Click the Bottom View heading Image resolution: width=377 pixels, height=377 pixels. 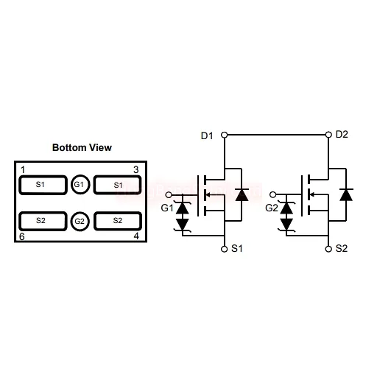pyautogui.click(x=82, y=147)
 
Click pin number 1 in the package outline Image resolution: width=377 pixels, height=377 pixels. pyautogui.click(x=23, y=169)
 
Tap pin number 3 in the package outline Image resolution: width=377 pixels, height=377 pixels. pyautogui.click(x=136, y=169)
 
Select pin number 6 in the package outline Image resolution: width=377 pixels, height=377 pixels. pyautogui.click(x=22, y=236)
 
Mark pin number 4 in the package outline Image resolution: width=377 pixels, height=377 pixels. pyautogui.click(x=136, y=236)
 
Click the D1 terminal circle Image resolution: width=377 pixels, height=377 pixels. pyautogui.click(x=225, y=135)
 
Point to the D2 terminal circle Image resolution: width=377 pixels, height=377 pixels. pyautogui.click(x=328, y=135)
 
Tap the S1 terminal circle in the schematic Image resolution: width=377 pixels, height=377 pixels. pyautogui.click(x=225, y=249)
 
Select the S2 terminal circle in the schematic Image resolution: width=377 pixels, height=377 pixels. pyautogui.click(x=328, y=249)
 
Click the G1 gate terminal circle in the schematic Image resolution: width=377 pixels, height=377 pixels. pyautogui.click(x=169, y=195)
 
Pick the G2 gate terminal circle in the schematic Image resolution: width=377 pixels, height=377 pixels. pyautogui.click(x=272, y=194)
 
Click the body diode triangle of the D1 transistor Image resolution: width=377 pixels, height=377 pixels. pyautogui.click(x=242, y=195)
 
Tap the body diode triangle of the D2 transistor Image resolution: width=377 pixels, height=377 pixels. pyautogui.click(x=346, y=195)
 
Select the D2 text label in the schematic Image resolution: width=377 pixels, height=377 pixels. pyautogui.click(x=342, y=135)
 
